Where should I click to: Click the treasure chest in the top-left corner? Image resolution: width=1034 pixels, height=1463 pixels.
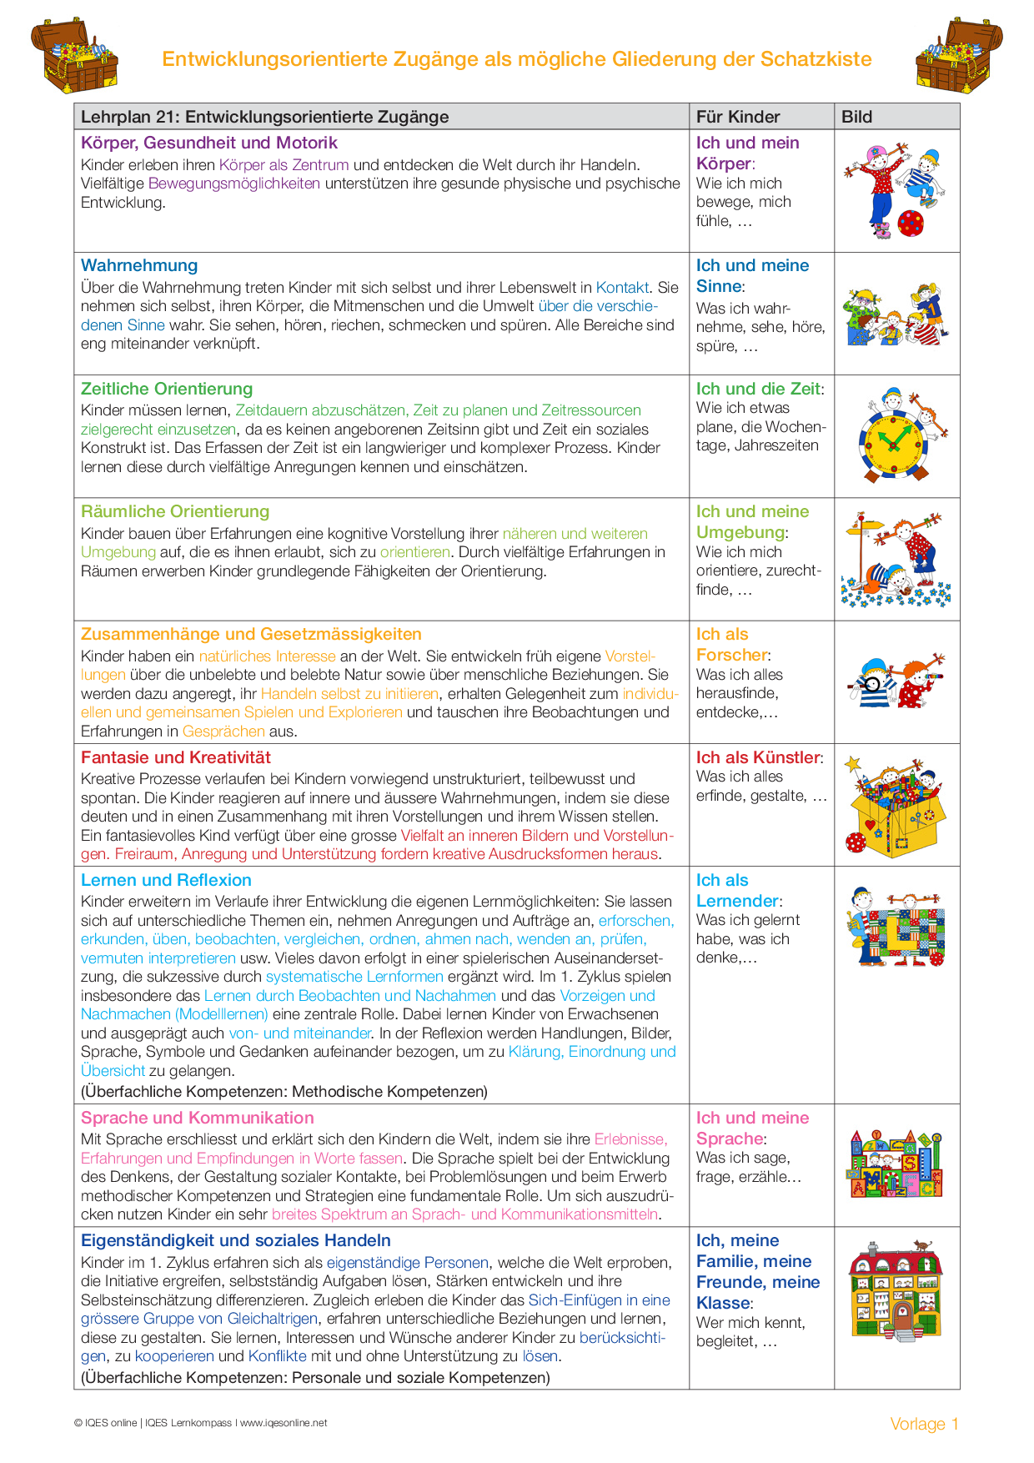point(75,56)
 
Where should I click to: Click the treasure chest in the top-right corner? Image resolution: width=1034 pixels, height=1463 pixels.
point(959,56)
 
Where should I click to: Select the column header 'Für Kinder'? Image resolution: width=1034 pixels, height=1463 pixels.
point(738,117)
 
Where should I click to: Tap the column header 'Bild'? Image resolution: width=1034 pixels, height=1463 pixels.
point(856,117)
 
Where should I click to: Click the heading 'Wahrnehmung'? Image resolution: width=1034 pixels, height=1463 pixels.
point(139,265)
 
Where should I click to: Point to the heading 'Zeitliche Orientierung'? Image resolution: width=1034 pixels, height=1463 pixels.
point(167,389)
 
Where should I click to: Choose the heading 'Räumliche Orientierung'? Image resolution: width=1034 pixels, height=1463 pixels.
point(175,511)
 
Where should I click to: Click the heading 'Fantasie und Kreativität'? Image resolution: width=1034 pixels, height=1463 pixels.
point(176,757)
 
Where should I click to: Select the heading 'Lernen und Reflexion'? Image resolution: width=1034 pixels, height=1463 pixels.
point(166,880)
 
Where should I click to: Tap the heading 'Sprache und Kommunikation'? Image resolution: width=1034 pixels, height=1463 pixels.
point(198,1118)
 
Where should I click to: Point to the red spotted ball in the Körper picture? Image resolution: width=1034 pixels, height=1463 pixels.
point(911,223)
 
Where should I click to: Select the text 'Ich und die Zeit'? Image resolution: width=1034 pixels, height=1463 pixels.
point(759,389)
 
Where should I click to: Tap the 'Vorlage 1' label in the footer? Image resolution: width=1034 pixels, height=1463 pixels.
point(924,1424)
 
